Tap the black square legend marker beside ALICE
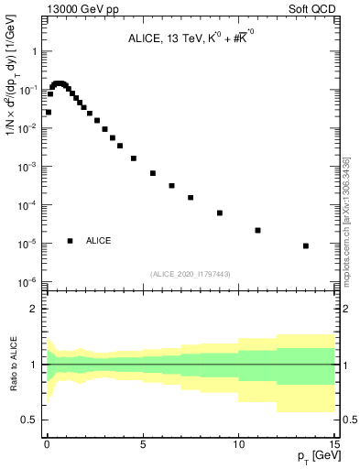(x=70, y=241)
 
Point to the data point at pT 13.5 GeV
(x=306, y=245)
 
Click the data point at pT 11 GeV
(x=258, y=230)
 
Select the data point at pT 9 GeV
(x=220, y=213)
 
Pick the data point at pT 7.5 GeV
(x=191, y=197)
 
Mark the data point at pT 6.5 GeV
(x=171, y=186)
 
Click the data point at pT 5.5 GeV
(x=153, y=173)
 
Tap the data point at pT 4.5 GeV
(x=134, y=158)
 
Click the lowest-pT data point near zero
(x=49, y=112)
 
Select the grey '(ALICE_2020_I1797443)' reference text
(x=191, y=274)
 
